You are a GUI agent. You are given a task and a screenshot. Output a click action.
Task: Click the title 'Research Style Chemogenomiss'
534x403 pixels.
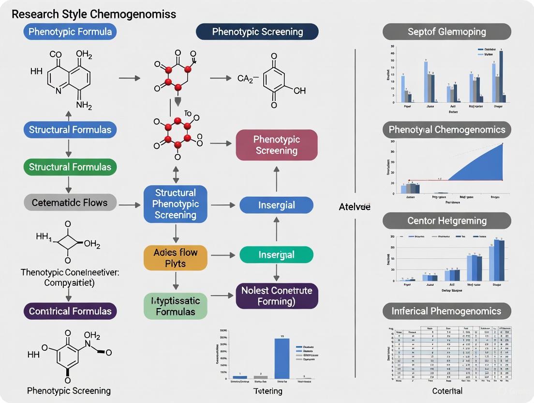(94, 14)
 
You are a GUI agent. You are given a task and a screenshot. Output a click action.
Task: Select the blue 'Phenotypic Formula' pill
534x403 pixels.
(70, 32)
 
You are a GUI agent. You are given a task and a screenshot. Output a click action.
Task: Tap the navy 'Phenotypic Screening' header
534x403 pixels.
(257, 32)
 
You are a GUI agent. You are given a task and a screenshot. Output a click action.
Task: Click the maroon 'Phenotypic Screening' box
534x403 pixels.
(277, 145)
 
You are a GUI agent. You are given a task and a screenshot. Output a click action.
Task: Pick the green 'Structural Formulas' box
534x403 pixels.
(70, 167)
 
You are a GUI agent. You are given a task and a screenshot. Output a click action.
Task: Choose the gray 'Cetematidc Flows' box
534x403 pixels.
(70, 202)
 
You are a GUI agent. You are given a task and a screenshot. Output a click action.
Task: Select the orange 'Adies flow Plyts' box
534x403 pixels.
(175, 258)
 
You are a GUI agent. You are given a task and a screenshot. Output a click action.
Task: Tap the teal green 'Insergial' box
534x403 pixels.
(277, 255)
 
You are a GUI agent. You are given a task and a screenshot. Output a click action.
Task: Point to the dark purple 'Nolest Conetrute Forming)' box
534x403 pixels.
(277, 296)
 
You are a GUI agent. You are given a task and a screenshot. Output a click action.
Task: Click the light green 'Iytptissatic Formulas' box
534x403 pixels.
(175, 306)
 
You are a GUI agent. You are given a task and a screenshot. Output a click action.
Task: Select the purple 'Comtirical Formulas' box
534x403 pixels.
(70, 311)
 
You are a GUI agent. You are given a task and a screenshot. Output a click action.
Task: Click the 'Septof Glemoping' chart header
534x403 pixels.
(446, 32)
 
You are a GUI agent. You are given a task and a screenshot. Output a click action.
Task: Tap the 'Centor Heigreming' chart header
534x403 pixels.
(446, 220)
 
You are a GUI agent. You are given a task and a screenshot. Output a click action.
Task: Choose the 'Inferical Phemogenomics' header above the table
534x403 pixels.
(446, 311)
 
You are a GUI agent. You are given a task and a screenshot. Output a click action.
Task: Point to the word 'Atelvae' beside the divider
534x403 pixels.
(355, 207)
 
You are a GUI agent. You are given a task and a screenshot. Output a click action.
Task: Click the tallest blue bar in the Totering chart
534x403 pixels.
(282, 358)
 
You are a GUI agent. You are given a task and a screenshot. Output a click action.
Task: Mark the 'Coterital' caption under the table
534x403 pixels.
(447, 391)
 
